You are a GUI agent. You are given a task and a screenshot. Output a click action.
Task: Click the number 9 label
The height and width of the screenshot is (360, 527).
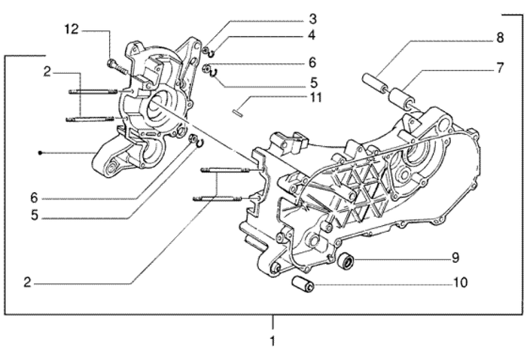click(455, 258)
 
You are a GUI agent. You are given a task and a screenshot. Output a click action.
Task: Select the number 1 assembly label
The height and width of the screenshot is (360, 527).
click(273, 341)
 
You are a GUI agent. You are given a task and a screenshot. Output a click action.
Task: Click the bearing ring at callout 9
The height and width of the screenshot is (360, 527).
click(347, 262)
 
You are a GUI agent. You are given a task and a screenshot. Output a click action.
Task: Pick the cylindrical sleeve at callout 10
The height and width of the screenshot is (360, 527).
click(302, 285)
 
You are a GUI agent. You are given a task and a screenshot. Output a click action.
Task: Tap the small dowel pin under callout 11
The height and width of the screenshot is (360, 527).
click(236, 114)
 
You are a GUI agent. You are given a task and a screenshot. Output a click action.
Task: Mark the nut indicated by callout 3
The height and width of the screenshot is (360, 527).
click(206, 50)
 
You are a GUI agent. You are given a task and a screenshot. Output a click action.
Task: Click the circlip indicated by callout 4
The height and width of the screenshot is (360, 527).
click(214, 53)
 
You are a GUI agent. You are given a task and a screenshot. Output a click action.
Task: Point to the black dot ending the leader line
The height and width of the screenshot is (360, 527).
click(40, 153)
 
